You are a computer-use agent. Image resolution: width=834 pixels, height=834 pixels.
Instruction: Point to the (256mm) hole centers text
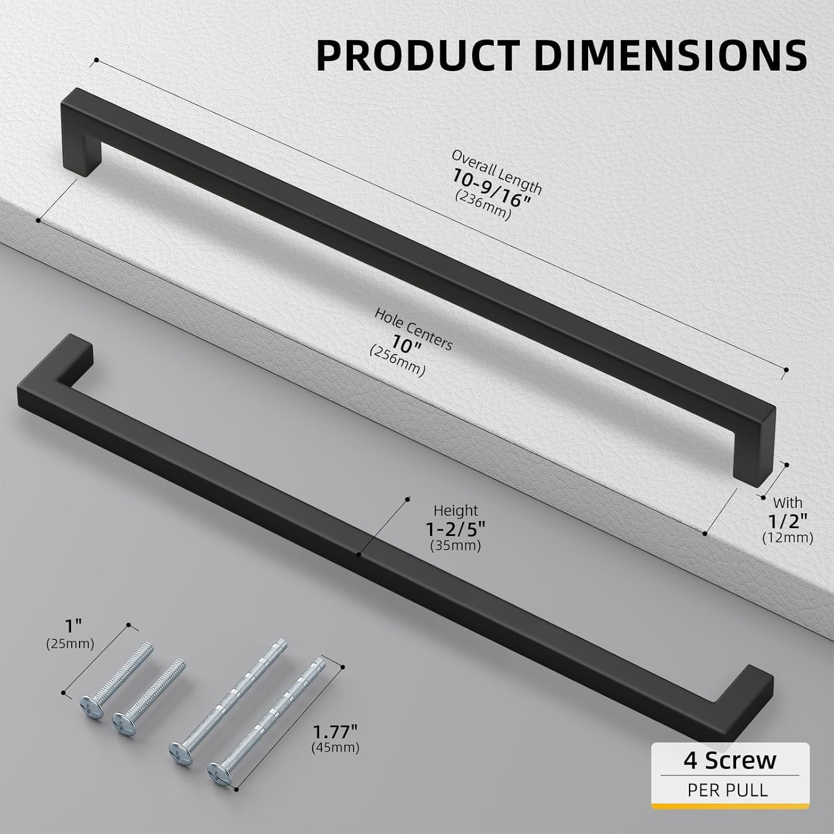[x=397, y=360]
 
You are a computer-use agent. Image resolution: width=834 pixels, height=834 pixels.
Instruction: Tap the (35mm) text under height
[x=455, y=546]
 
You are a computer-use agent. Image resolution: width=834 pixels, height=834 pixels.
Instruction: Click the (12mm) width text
[x=787, y=538]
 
